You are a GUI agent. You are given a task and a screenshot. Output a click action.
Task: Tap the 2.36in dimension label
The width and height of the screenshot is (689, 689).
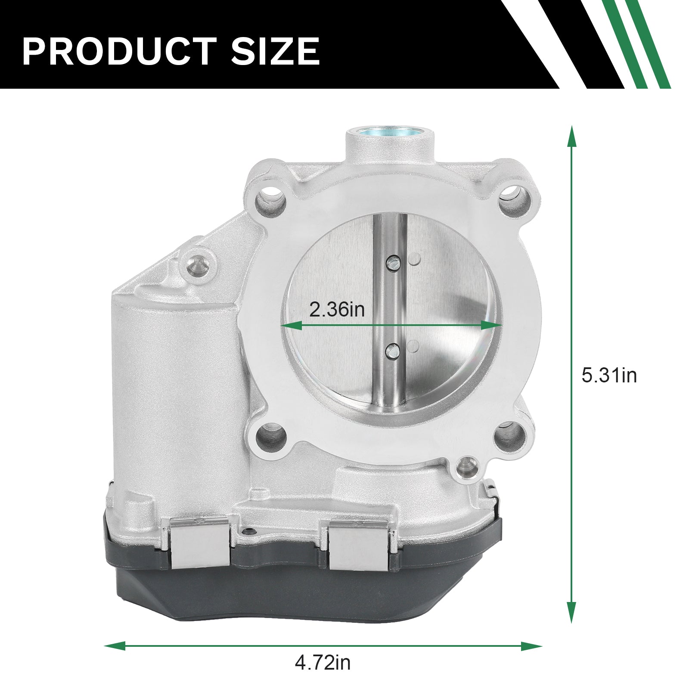pyautogui.click(x=337, y=310)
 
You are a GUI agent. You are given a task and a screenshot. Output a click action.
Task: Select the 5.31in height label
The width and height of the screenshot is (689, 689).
pyautogui.click(x=609, y=376)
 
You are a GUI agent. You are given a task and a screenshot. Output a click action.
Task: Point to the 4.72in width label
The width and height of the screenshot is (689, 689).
pyautogui.click(x=323, y=663)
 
